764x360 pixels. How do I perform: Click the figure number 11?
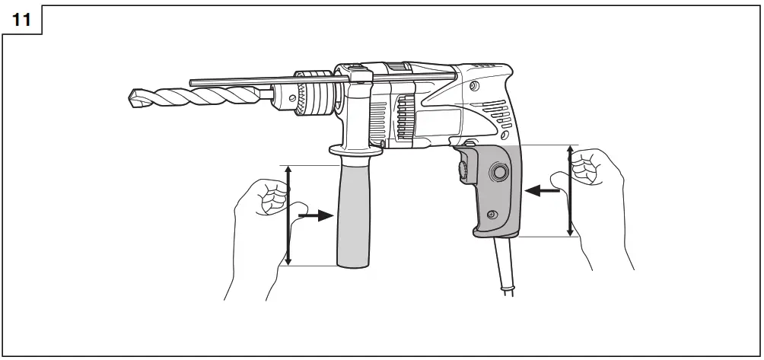click(22, 21)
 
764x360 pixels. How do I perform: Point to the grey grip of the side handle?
click(354, 217)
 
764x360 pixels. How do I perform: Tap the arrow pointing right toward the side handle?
click(317, 216)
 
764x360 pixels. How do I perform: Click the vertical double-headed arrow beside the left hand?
click(288, 215)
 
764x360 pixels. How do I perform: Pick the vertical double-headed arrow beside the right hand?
click(571, 190)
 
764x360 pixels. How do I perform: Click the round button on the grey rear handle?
click(499, 174)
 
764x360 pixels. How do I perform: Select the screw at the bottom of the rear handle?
click(492, 216)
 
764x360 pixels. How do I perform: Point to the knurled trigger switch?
click(462, 169)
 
